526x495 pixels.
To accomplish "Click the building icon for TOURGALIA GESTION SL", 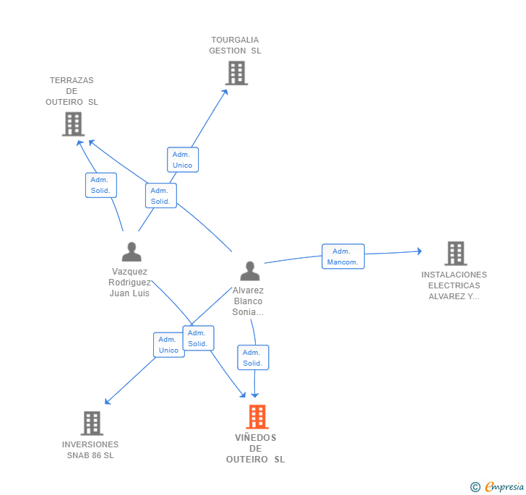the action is pos(236,73).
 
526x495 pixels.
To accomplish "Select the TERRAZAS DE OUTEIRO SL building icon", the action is pos(73,124).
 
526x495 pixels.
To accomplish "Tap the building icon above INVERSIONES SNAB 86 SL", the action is pos(92,423).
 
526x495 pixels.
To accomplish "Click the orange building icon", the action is pos(257,417).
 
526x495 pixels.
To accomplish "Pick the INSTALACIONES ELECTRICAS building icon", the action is pos(456,254).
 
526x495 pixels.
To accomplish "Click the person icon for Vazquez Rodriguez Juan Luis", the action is pos(131,251).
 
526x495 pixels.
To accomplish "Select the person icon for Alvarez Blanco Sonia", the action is pos(250,271).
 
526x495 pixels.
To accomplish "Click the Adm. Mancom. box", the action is pos(343,257).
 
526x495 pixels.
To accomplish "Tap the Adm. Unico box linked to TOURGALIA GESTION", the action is pos(183,160).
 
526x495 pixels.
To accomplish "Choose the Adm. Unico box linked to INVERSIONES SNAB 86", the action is pos(168,345).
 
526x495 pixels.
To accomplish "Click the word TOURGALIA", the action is pos(235,40).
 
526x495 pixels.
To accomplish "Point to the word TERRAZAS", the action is pos(72,80).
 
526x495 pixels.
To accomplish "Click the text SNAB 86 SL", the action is pos(90,455).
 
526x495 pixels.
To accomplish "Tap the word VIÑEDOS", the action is pos(256,438).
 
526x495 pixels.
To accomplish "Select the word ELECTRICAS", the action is pos(454,285).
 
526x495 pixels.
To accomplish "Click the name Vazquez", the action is pos(129,272).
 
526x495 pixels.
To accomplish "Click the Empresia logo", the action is pos(497,486).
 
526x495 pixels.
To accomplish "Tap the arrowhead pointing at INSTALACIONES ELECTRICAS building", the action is pos(419,251).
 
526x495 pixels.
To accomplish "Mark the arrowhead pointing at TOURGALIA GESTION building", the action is pos(225,92).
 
